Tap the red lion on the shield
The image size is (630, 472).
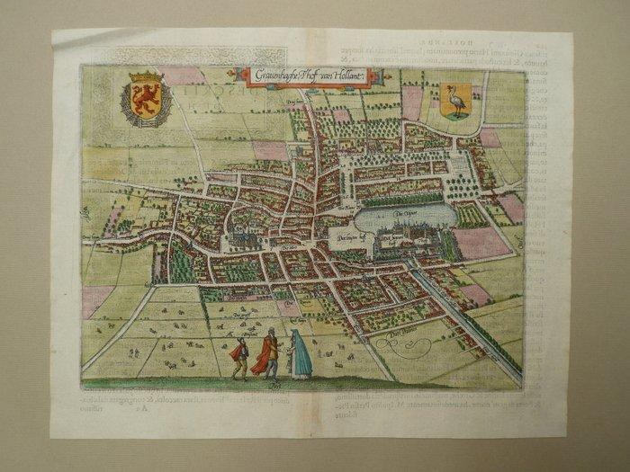(146, 101)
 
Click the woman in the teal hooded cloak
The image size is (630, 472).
(300, 354)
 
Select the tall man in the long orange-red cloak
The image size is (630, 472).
(268, 352)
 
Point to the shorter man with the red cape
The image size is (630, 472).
(240, 355)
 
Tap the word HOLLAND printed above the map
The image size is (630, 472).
(436, 39)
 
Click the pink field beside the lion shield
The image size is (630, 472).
(184, 76)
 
